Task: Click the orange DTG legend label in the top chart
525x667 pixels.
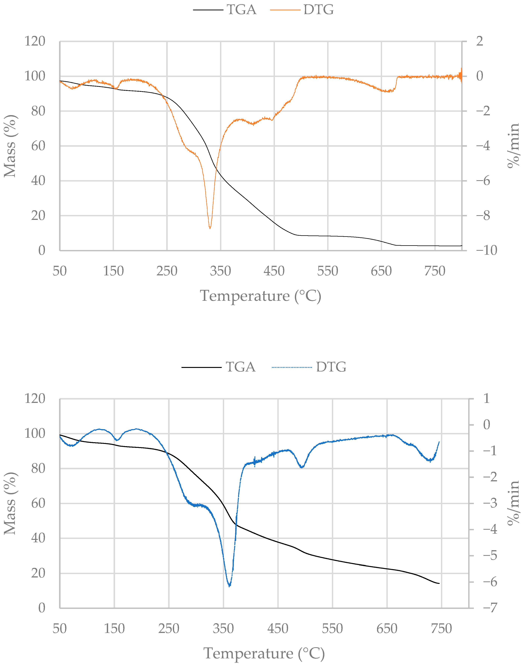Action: click(x=319, y=10)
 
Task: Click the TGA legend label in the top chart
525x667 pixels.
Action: click(x=241, y=10)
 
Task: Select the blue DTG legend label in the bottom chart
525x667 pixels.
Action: click(x=331, y=367)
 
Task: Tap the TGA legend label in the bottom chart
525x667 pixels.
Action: click(x=240, y=367)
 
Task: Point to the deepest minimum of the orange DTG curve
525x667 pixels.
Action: click(x=210, y=228)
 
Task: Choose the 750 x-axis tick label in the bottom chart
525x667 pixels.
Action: click(x=441, y=629)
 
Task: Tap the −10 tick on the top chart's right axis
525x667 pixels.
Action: click(x=486, y=251)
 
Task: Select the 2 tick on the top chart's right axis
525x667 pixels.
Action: click(x=479, y=41)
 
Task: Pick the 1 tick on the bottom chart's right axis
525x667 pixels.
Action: click(x=486, y=399)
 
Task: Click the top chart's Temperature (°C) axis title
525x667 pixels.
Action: click(x=261, y=296)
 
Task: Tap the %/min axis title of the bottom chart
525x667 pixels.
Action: click(x=513, y=503)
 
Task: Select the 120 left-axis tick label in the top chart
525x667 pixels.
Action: click(x=35, y=41)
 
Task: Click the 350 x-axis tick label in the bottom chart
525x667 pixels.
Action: click(x=223, y=629)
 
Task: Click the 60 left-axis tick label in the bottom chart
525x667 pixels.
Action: click(x=38, y=503)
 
